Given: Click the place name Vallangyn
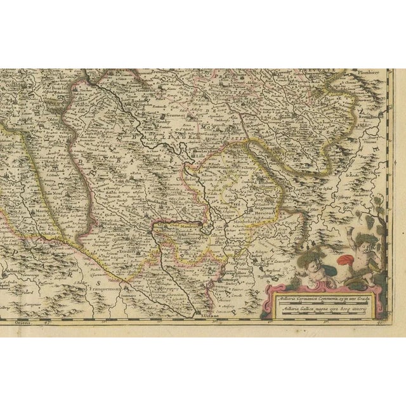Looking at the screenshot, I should click(x=15, y=270).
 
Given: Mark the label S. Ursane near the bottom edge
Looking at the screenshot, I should click(x=204, y=315).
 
